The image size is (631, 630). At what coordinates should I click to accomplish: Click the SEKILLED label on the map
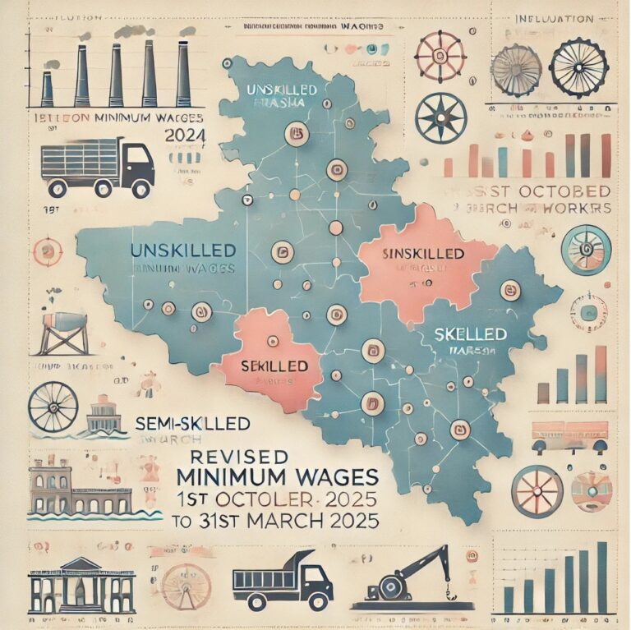pyautogui.click(x=274, y=364)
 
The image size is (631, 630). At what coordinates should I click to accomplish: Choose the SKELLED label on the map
pyautogui.click(x=469, y=335)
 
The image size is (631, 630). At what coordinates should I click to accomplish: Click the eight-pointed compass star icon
pyautogui.click(x=440, y=117)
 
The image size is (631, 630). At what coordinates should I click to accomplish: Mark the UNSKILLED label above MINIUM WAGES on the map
pyautogui.click(x=182, y=250)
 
